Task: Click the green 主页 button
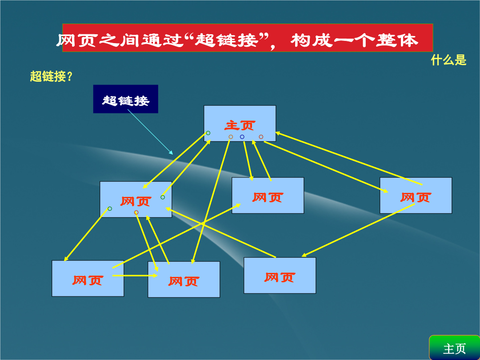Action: pos(454,348)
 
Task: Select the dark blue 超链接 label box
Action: pos(125,99)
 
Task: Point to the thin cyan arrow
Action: pos(150,132)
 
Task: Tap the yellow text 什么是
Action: pos(448,60)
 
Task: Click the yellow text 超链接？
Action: pos(51,76)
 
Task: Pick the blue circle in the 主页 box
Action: pos(242,137)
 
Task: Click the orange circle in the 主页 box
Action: pos(231,137)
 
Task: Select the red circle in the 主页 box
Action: pos(261,137)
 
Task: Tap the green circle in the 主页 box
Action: pos(208,133)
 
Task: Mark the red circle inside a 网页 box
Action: pos(136,212)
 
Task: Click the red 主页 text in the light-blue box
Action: pos(240,125)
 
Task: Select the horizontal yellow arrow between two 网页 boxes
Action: pos(135,276)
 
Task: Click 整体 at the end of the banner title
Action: pos(397,40)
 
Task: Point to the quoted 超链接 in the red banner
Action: pos(226,40)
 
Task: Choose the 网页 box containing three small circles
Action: pos(136,200)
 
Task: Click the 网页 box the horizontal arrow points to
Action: pos(184,280)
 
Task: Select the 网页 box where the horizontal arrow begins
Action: pos(88,279)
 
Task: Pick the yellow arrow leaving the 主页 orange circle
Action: pos(211,201)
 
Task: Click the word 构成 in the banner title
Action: pos(312,40)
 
